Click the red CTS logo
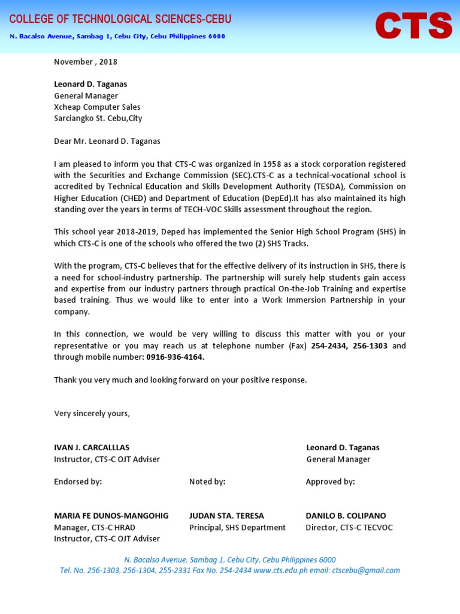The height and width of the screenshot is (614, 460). pyautogui.click(x=413, y=26)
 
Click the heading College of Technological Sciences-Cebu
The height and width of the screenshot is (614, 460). pyautogui.click(x=120, y=19)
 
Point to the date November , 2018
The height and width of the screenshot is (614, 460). pyautogui.click(x=86, y=62)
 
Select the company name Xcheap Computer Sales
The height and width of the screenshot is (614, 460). pyautogui.click(x=97, y=107)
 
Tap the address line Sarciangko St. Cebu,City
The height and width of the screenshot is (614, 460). pyautogui.click(x=98, y=119)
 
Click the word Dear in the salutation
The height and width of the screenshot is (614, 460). pyautogui.click(x=63, y=142)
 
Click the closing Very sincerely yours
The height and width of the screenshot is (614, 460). pyautogui.click(x=92, y=414)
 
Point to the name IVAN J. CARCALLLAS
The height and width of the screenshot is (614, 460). pyautogui.click(x=92, y=448)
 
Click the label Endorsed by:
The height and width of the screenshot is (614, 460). pyautogui.click(x=78, y=482)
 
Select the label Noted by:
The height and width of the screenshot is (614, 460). pyautogui.click(x=207, y=482)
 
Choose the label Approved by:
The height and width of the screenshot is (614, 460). pyautogui.click(x=330, y=482)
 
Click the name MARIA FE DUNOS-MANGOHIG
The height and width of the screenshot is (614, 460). pyautogui.click(x=111, y=516)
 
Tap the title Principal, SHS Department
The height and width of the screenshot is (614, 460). pyautogui.click(x=237, y=528)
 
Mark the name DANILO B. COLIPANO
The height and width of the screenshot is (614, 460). pyautogui.click(x=346, y=516)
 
